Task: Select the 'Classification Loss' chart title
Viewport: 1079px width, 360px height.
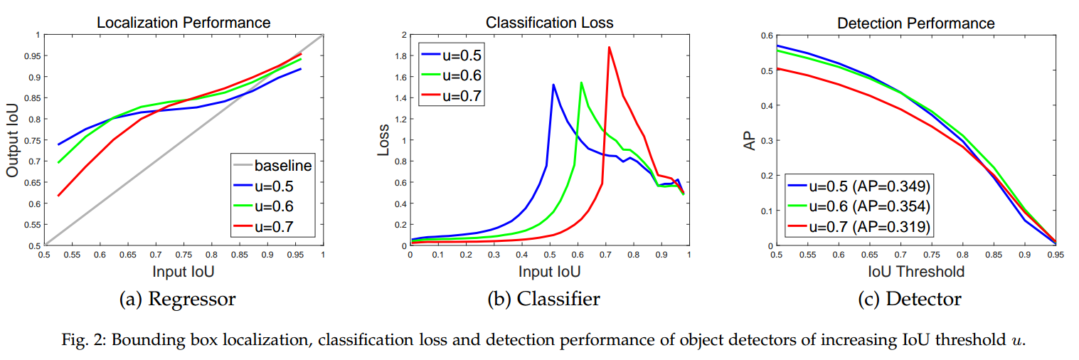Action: point(549,22)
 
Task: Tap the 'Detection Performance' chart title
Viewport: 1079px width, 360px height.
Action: point(916,22)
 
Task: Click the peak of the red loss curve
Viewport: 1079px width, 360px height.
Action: point(609,48)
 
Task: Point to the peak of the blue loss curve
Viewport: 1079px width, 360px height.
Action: point(553,85)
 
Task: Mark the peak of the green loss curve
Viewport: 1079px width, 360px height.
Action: point(581,83)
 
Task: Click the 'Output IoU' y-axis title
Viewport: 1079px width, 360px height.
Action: point(14,141)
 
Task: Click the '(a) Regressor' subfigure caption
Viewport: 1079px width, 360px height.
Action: point(176,299)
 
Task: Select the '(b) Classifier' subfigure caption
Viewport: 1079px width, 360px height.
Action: point(543,299)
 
